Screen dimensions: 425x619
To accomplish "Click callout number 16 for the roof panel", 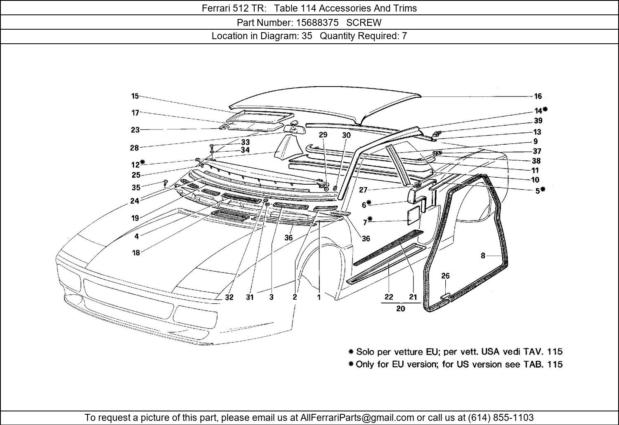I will point(538,96).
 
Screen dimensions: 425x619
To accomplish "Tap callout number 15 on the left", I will point(135,96).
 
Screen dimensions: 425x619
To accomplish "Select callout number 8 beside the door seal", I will point(483,256).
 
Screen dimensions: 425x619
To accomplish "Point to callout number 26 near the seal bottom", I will point(445,276).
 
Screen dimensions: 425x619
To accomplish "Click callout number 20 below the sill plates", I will point(400,308).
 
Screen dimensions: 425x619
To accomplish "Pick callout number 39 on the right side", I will point(538,121).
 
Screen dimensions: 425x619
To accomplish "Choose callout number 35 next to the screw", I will point(136,188).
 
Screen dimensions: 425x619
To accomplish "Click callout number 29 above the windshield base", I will point(323,135).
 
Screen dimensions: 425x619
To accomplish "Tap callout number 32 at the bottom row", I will point(229,297).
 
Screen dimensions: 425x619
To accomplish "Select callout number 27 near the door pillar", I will point(363,190).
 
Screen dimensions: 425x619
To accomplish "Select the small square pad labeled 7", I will point(414,216).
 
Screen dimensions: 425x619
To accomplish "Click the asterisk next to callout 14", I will point(546,109).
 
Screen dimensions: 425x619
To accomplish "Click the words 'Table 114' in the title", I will point(291,8).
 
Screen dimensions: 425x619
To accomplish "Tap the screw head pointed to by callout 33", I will point(212,146).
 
